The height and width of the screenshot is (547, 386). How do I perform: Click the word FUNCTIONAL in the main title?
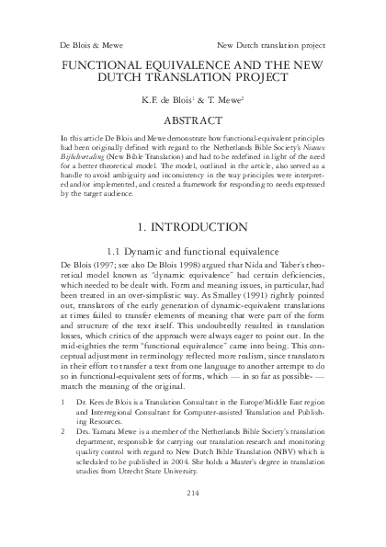[108, 67]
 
